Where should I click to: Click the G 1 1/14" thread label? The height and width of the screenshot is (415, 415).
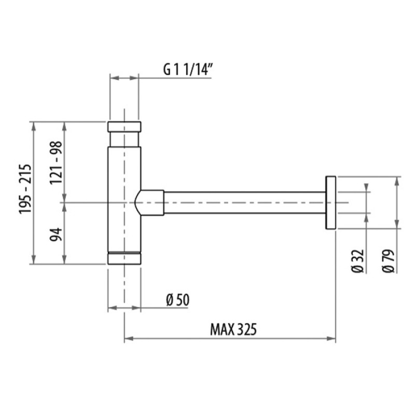[188, 70]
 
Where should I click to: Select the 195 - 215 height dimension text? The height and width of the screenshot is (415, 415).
[25, 189]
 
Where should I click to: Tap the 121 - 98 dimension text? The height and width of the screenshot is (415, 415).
[56, 163]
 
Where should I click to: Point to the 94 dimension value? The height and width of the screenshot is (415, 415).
[56, 234]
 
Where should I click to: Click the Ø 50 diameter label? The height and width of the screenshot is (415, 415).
[178, 300]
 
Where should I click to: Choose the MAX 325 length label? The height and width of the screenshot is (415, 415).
[233, 329]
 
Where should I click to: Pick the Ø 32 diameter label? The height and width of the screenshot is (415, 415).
[358, 261]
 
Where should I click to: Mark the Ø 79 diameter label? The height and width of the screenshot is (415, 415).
[389, 261]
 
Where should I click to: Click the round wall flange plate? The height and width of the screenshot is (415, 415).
[330, 202]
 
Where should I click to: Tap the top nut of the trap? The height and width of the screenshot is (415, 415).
[124, 127]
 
